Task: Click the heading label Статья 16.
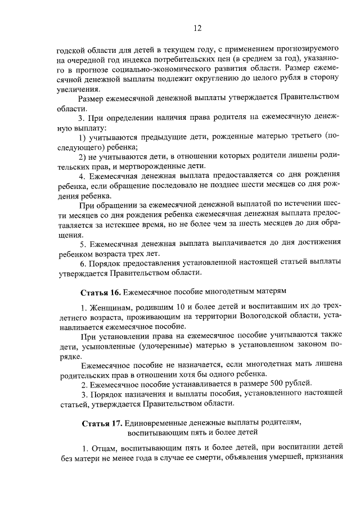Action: pyautogui.click(x=100, y=292)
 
